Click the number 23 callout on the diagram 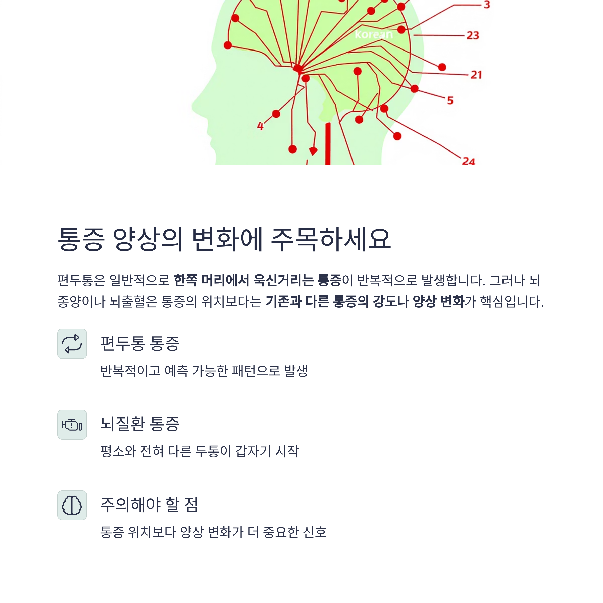473,35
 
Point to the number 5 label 450,100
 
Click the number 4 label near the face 260,126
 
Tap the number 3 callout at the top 487,5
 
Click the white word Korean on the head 374,35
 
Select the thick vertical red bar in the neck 328,143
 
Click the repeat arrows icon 72,344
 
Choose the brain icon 72,505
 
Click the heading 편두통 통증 140,344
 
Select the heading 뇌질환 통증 140,424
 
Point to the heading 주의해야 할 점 149,505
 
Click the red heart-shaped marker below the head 313,151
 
